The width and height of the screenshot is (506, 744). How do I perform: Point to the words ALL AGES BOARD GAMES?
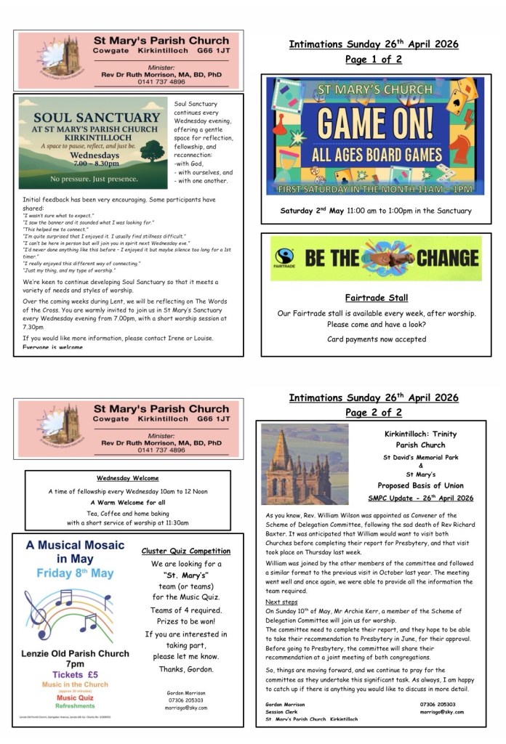point(374,155)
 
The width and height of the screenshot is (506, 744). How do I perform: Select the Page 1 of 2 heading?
point(373,60)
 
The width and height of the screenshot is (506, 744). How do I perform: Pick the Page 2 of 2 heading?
point(373,413)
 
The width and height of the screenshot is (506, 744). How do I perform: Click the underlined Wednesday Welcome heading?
point(128,478)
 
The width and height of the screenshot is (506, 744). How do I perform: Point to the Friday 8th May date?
point(75,573)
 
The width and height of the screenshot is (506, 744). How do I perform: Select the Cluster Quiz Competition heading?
point(186,551)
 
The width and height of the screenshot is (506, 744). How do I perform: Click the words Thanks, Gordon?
point(186,669)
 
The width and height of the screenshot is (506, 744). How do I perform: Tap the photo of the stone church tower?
point(305,464)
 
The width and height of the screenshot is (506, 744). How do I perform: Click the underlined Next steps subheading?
point(281,602)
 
